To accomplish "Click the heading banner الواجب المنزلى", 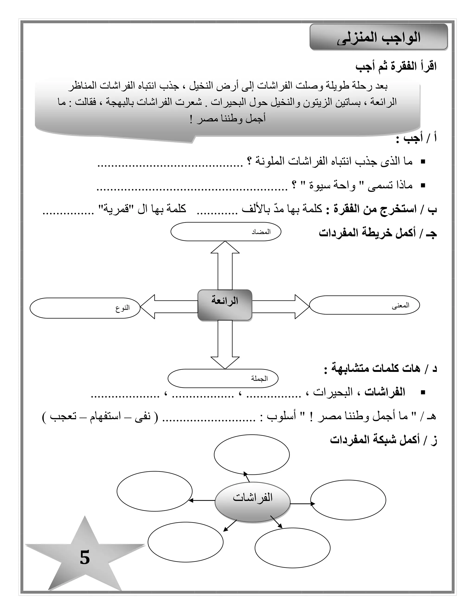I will click(x=379, y=37).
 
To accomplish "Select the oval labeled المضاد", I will click(x=226, y=232).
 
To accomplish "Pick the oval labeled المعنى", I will click(x=364, y=305).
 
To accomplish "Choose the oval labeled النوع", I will click(x=85, y=308).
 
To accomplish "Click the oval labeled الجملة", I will click(x=223, y=378).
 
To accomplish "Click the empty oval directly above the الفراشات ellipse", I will click(x=252, y=455).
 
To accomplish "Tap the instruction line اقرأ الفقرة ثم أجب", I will click(x=396, y=67).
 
